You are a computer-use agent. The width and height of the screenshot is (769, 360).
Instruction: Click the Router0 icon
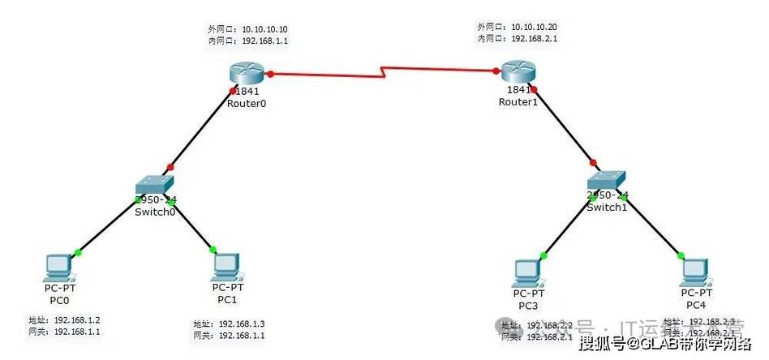click(x=247, y=75)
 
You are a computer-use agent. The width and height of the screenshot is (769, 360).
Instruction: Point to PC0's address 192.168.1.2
click(x=78, y=320)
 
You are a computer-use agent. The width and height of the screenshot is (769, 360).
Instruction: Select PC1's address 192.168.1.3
click(x=242, y=324)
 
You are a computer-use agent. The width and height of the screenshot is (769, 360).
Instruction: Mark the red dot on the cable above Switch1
click(x=595, y=162)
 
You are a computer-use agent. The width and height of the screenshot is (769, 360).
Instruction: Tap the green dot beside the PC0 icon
click(x=77, y=251)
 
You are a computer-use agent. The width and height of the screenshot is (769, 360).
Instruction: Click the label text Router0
click(x=247, y=104)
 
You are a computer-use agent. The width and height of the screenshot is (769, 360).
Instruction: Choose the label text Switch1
click(x=608, y=207)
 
